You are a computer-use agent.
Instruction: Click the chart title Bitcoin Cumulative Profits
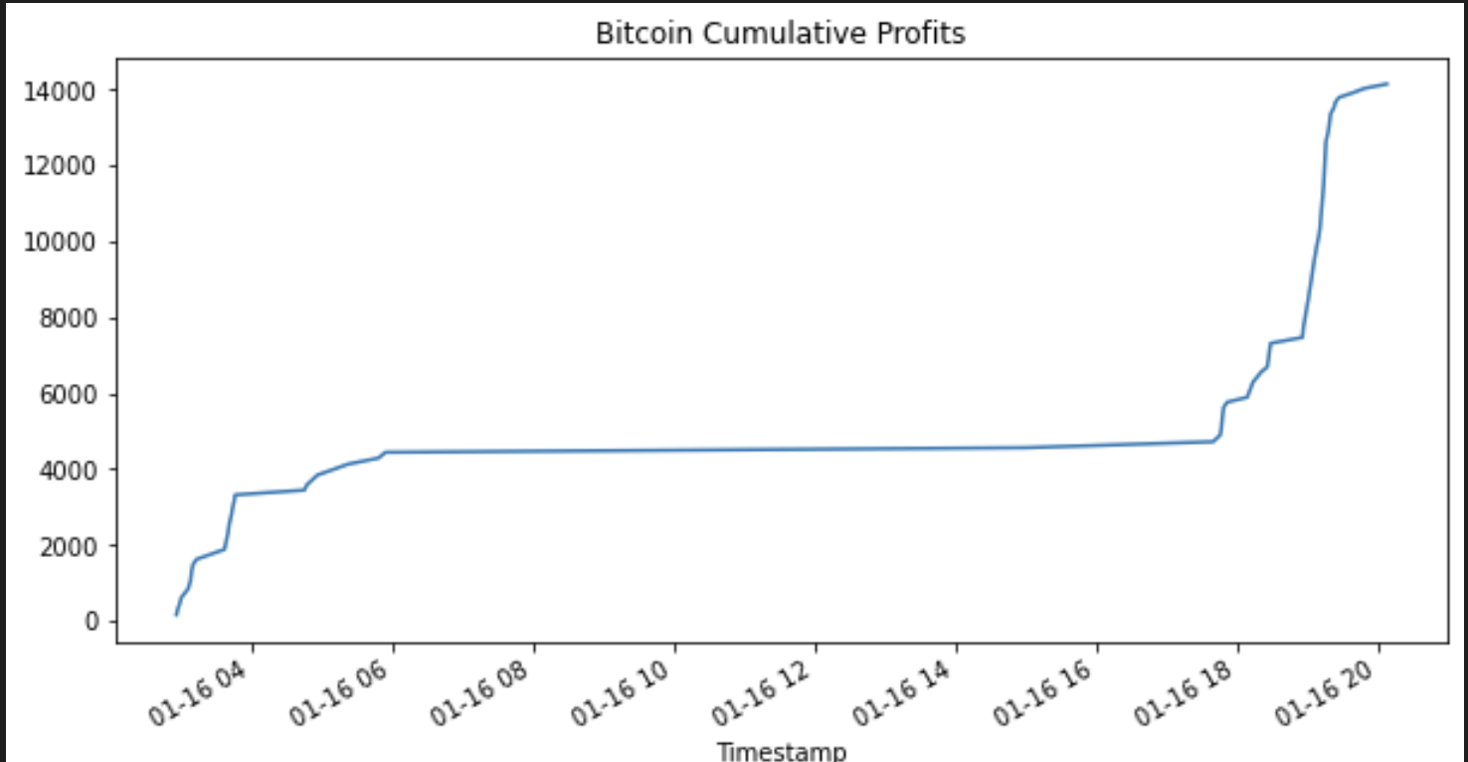point(780,34)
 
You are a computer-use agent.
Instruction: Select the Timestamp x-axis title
point(781,751)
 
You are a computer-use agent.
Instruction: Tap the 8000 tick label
point(73,318)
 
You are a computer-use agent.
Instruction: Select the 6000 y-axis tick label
point(73,394)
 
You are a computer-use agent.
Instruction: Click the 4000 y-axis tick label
point(73,470)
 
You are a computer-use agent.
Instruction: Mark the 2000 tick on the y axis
point(73,546)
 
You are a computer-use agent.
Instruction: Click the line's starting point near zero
point(176,615)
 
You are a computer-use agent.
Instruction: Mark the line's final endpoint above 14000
point(1386,84)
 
